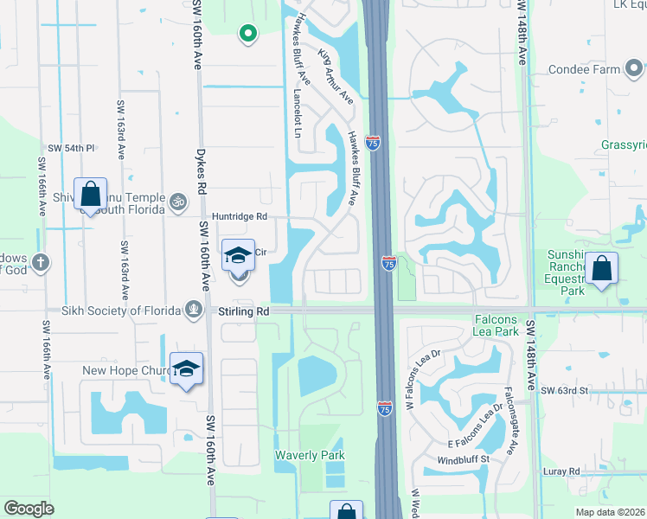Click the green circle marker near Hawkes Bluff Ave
247,34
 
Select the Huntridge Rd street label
240,216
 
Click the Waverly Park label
310,455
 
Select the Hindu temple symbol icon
179,202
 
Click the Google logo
29,509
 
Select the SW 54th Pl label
71,149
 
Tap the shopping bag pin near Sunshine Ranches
602,269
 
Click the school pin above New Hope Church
187,369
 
